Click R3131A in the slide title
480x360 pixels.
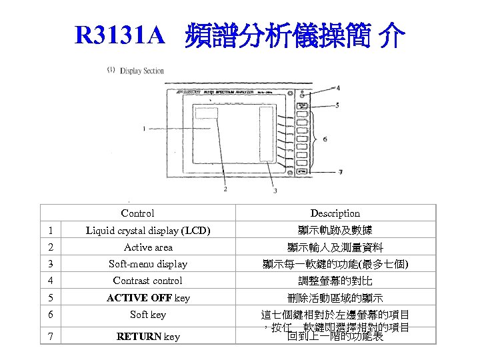(119, 36)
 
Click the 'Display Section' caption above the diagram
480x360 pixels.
(141, 71)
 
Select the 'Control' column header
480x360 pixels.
(137, 213)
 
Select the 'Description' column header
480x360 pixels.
(335, 213)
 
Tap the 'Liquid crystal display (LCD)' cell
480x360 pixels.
(148, 231)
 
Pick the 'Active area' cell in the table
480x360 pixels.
(148, 247)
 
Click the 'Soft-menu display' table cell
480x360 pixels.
(148, 264)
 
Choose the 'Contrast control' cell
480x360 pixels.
(148, 281)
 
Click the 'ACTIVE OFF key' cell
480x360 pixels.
(148, 298)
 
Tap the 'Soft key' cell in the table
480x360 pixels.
(148, 315)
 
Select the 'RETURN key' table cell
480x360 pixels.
(148, 337)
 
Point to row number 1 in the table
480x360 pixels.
(50, 231)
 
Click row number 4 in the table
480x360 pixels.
(50, 281)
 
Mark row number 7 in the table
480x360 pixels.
(50, 337)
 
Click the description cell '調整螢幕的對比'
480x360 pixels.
(335, 281)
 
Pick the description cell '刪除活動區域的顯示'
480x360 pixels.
(335, 298)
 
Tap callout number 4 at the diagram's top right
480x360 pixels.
(337, 87)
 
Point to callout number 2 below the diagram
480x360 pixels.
(225, 189)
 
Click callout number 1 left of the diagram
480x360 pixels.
(144, 128)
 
